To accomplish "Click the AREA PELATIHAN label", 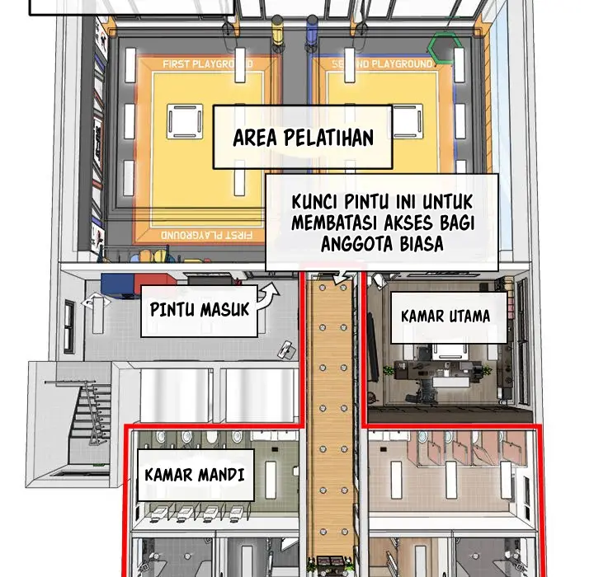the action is point(303,138).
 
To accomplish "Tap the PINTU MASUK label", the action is point(200,309).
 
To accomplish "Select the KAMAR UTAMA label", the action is point(445,317).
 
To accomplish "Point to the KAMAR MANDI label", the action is point(195,475).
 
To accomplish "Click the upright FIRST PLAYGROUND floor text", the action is point(208,64).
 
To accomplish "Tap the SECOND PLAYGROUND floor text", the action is point(382,64).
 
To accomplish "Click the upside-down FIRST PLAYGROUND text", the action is point(206,235).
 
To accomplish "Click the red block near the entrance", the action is point(155,282).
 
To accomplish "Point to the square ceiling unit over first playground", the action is point(185,121).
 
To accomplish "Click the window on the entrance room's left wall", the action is point(69,326).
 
